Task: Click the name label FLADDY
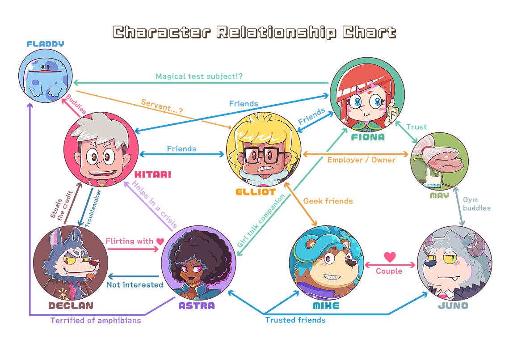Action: click(46, 44)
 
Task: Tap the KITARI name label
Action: click(153, 174)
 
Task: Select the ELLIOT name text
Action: click(256, 192)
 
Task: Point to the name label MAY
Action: click(440, 195)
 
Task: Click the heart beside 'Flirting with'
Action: click(160, 241)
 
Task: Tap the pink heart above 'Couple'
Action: click(390, 257)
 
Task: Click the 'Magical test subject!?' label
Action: click(199, 76)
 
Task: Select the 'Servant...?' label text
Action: click(162, 106)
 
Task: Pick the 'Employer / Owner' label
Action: click(361, 160)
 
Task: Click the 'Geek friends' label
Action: click(328, 201)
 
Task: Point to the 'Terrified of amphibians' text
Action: click(96, 321)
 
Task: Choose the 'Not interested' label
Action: click(135, 284)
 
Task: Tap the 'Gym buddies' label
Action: click(476, 204)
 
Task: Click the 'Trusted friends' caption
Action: click(295, 320)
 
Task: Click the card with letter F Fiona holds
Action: click(393, 114)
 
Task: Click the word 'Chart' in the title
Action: click(369, 33)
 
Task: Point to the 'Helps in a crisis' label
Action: click(155, 204)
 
